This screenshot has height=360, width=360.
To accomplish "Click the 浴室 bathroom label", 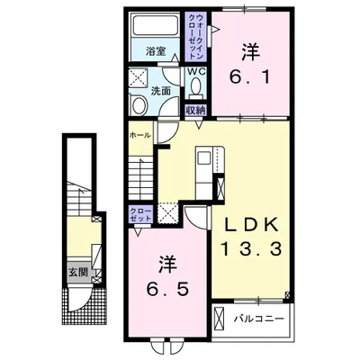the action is [x=156, y=51].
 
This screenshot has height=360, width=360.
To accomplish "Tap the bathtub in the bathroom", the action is [x=156, y=25].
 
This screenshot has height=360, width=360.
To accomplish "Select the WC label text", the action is [x=196, y=72].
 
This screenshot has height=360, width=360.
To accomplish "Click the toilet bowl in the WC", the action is [x=196, y=85].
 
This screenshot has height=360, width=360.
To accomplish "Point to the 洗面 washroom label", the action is [x=161, y=91].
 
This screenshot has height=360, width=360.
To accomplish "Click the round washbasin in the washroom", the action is [x=139, y=104].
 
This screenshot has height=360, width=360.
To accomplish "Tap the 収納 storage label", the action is [x=196, y=111].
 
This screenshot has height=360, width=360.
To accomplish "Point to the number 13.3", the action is [x=251, y=249].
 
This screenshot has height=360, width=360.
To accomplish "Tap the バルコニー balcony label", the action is [x=259, y=318].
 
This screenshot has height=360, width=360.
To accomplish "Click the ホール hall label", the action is [x=139, y=135].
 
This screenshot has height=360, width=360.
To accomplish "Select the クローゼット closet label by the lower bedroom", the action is [x=140, y=214].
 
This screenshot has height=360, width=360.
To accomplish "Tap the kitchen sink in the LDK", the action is [x=204, y=157].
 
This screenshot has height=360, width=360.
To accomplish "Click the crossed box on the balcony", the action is [x=219, y=319].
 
